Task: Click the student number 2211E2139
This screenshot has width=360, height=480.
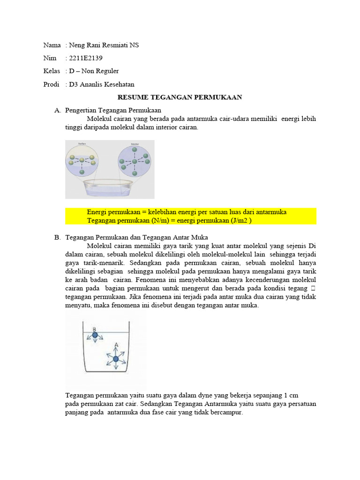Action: click(x=86, y=58)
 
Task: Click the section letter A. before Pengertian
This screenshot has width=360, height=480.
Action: click(x=58, y=110)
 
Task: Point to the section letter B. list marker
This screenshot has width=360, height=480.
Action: click(x=58, y=238)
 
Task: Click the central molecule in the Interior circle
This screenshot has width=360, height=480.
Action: click(x=135, y=161)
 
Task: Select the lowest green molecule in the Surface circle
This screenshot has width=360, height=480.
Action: click(x=82, y=172)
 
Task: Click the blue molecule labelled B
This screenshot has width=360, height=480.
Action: click(x=95, y=335)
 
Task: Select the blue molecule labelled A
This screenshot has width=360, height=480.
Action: click(x=116, y=359)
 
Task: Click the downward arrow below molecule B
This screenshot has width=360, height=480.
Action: click(x=95, y=342)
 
